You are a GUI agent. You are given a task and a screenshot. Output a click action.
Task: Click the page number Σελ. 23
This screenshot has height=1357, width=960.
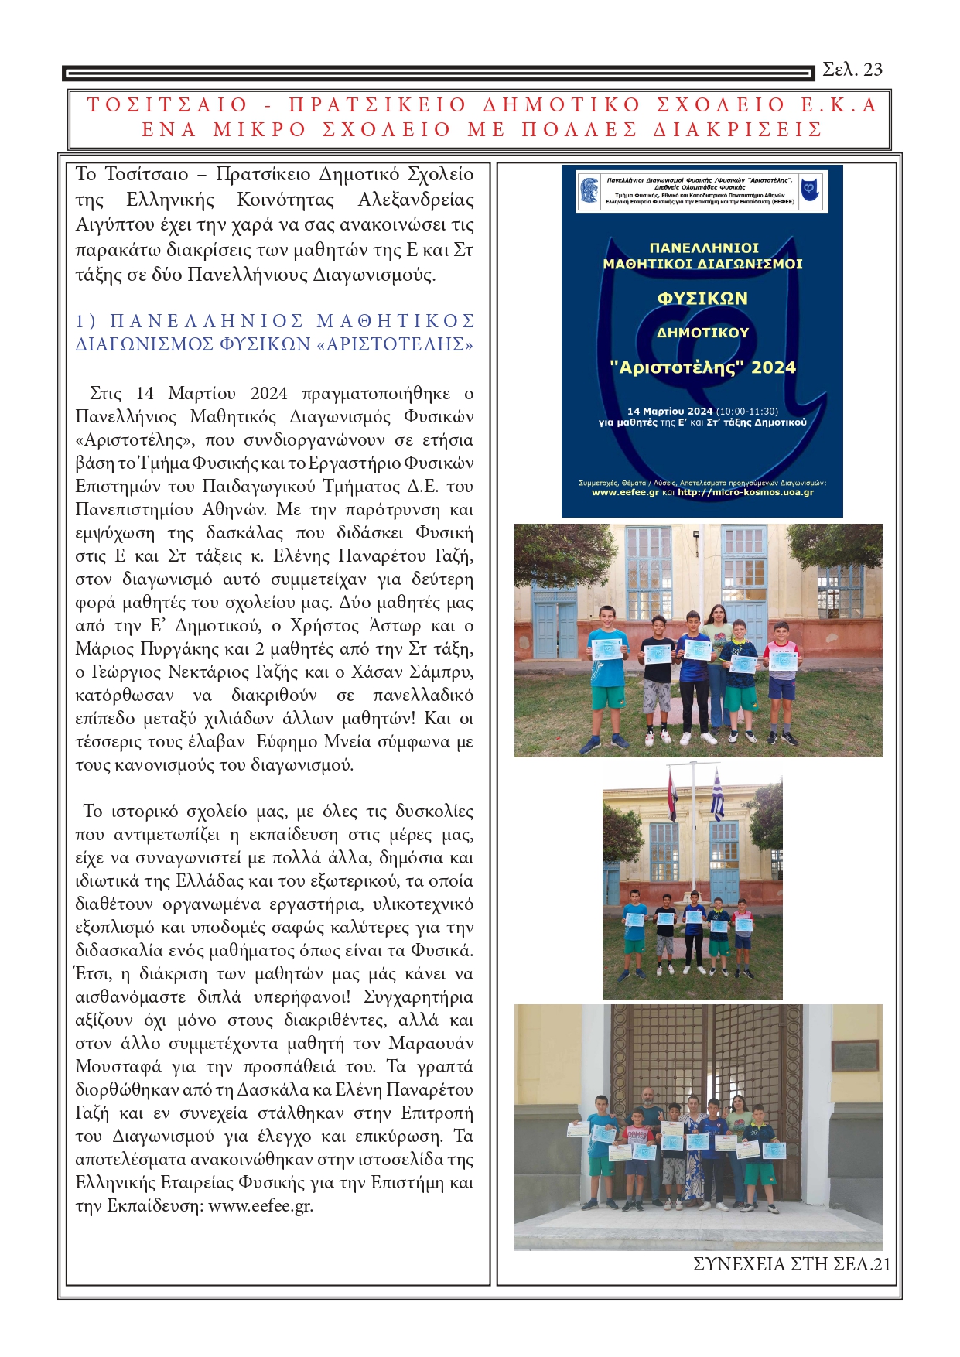852,70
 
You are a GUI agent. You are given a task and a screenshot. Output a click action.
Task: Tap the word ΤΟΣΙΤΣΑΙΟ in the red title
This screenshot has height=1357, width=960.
167,105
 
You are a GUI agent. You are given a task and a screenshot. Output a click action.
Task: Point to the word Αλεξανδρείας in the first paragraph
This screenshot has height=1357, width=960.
416,200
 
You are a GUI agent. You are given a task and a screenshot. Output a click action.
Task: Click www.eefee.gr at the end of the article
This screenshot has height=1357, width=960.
260,1206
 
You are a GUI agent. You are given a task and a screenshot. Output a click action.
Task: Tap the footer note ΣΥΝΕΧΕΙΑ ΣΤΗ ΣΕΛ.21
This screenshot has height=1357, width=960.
791,1264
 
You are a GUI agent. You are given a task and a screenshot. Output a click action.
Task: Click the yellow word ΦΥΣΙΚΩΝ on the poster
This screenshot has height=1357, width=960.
702,299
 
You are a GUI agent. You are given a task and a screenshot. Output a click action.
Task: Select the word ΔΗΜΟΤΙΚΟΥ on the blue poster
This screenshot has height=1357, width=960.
702,333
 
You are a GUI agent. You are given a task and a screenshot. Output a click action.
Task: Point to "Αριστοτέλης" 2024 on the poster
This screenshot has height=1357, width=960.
702,367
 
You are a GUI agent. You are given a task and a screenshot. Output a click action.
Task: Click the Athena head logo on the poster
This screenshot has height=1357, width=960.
589,190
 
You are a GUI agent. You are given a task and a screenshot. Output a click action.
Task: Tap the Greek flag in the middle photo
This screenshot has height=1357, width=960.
717,794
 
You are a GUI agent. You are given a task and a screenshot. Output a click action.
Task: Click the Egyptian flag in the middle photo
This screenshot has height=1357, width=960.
672,794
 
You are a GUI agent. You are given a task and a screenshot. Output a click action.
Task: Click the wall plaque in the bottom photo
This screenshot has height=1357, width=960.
856,1055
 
